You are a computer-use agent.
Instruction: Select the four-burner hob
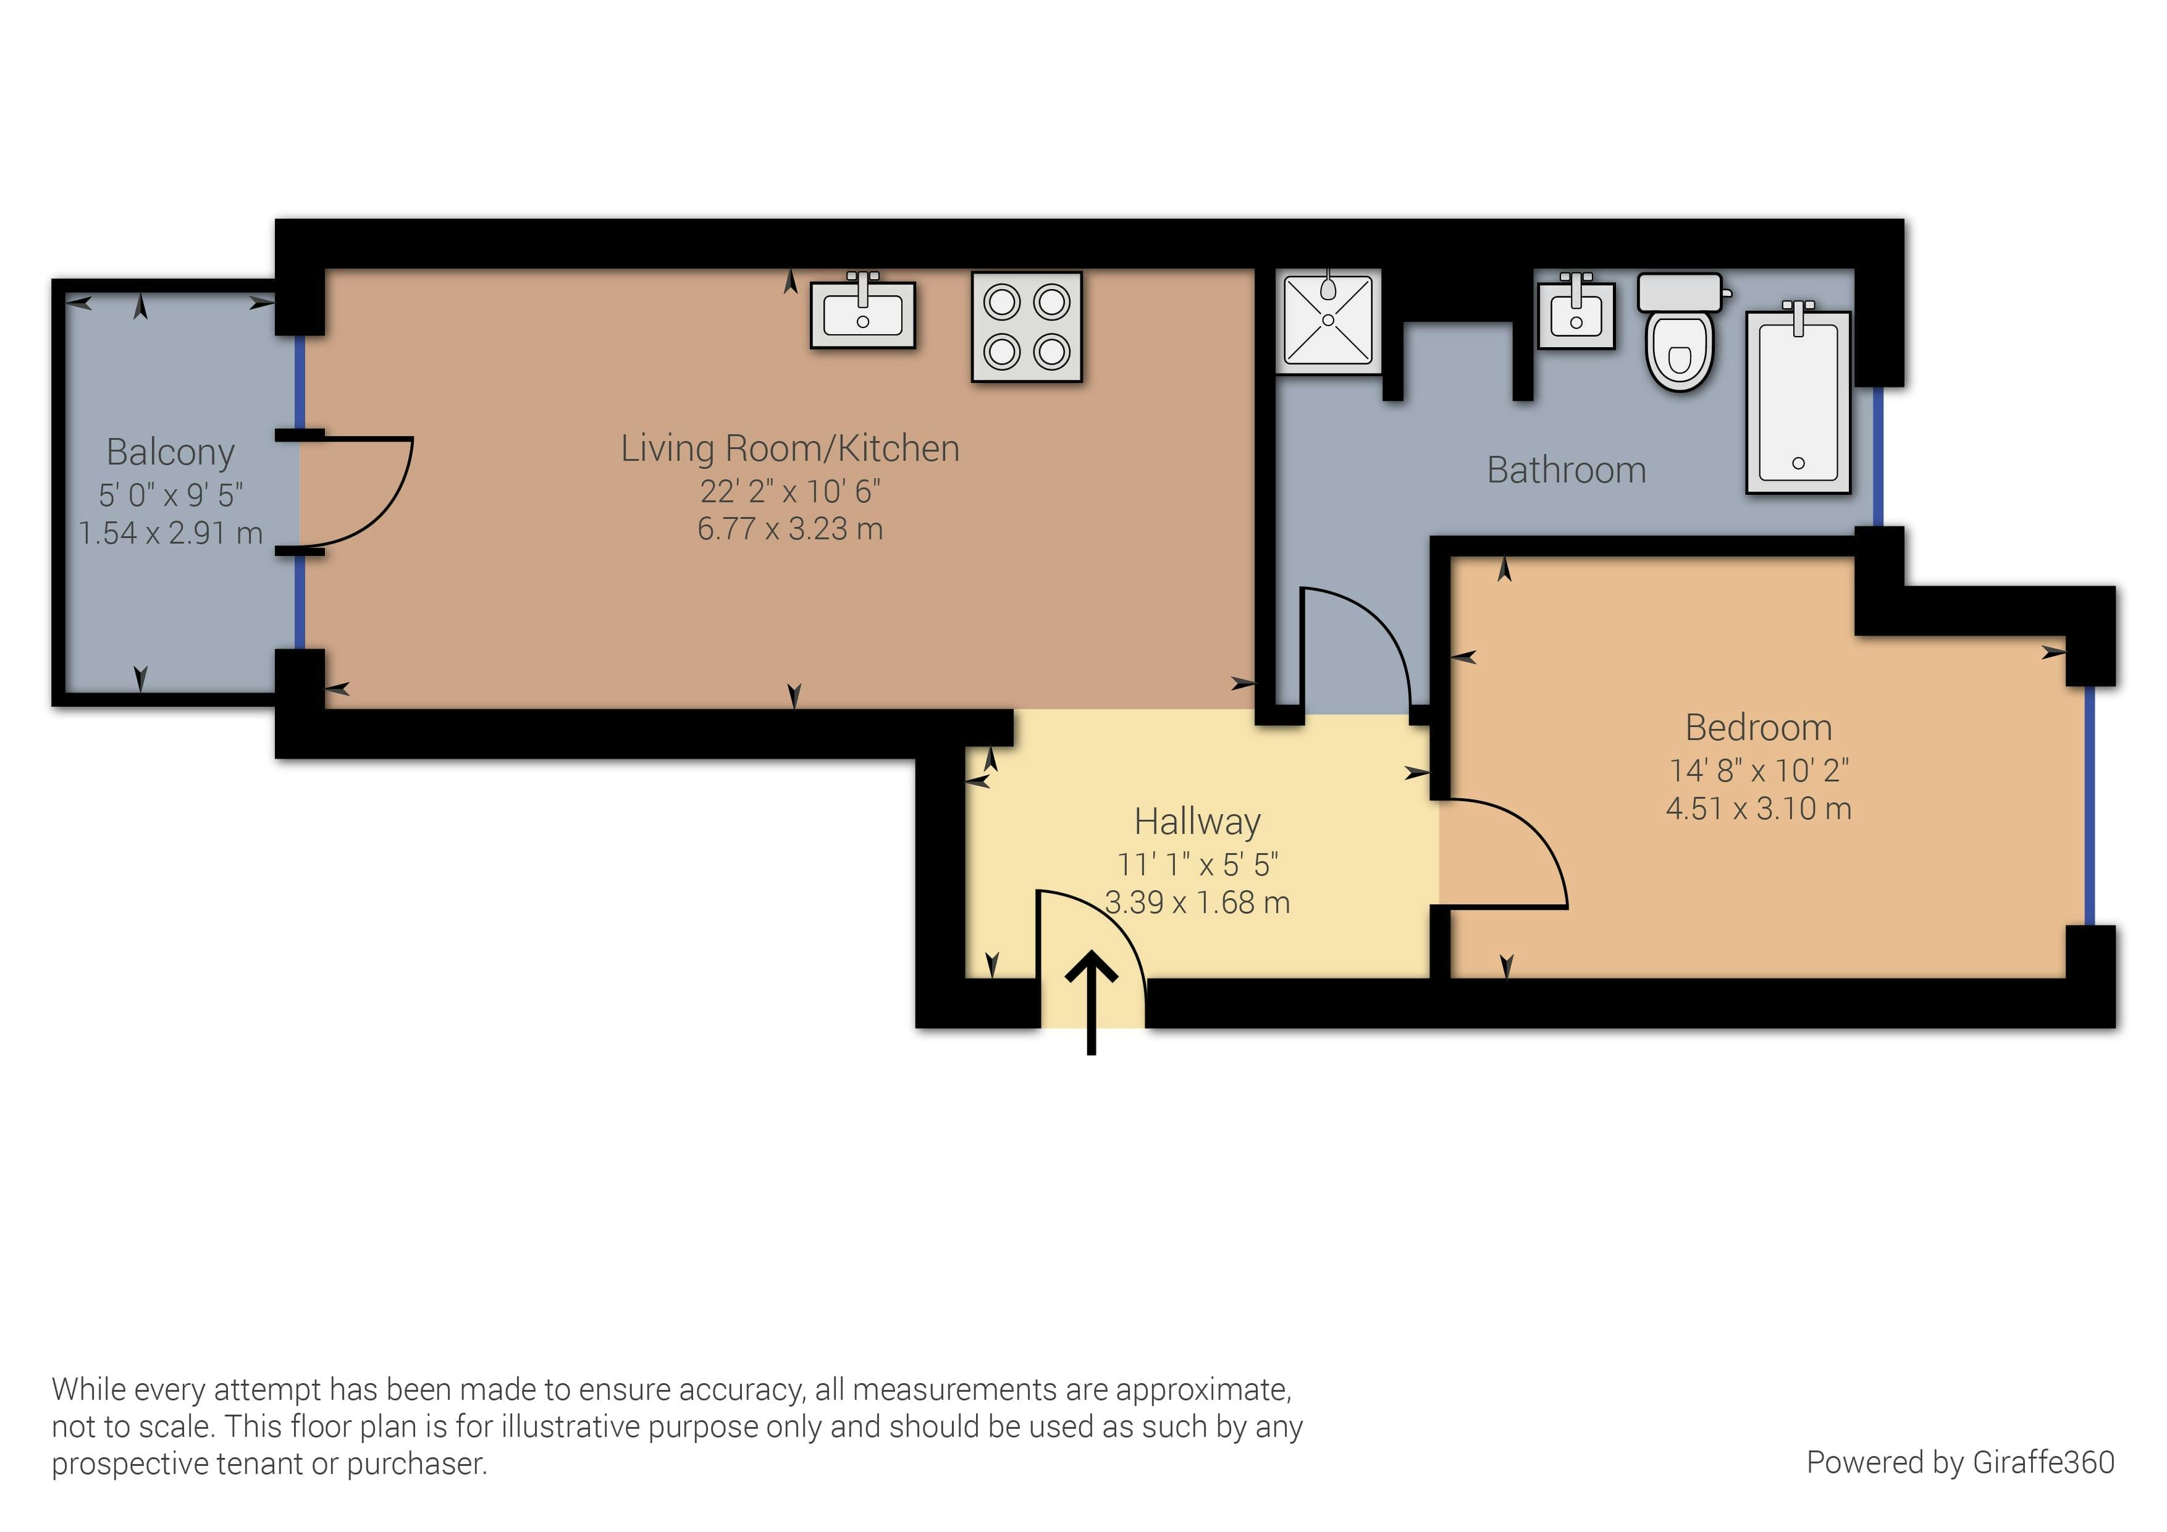pyautogui.click(x=1027, y=327)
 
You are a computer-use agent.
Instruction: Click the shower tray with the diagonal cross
pyautogui.click(x=1328, y=320)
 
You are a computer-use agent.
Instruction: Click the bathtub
pyautogui.click(x=1798, y=401)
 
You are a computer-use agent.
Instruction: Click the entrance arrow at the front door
pyautogui.click(x=1091, y=1001)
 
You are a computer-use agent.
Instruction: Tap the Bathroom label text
pyautogui.click(x=1566, y=470)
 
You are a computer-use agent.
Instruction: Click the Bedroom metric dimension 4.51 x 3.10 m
pyautogui.click(x=1758, y=809)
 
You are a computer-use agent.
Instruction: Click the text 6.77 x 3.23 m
pyautogui.click(x=790, y=529)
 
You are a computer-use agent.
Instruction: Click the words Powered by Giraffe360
pyautogui.click(x=1959, y=1462)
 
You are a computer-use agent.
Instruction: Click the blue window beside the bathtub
pyautogui.click(x=1877, y=457)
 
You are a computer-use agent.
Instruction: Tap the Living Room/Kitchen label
pyautogui.click(x=790, y=448)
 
